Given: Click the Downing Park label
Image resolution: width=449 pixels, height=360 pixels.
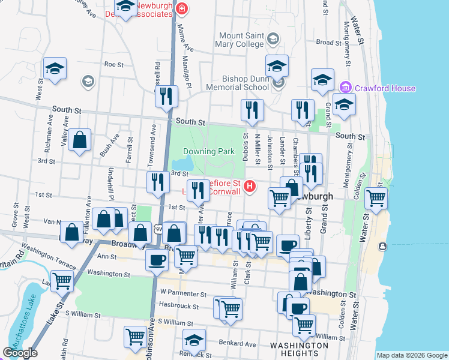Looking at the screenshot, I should point(208,151).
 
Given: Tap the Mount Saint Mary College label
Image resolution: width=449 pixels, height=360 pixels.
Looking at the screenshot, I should point(241,40).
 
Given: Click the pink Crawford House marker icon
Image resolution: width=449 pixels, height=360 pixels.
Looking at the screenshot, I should point(345,88).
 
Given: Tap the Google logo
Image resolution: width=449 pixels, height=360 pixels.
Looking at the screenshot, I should point(20,353).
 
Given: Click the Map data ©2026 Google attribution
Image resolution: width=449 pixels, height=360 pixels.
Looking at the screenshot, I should point(412,355).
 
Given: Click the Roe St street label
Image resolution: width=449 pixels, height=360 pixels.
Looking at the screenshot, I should point(113,64).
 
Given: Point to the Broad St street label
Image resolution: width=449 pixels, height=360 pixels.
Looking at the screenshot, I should point(328,43).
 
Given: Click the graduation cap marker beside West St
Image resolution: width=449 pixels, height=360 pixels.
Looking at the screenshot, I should point(55,68).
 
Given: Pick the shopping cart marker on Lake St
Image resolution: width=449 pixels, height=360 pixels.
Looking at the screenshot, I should point(62,280).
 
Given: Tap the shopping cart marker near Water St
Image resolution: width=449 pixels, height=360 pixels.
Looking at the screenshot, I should point(376,197).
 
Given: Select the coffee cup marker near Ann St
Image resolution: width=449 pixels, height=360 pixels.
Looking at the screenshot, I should point(157,260).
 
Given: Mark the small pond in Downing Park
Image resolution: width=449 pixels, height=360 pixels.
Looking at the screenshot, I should point(182,164).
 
